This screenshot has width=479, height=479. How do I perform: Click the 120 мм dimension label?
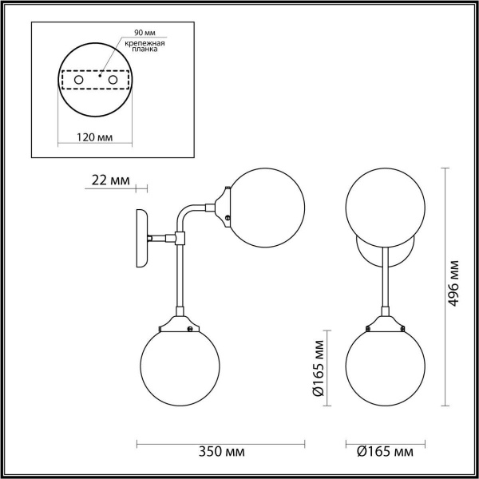coord(94,137)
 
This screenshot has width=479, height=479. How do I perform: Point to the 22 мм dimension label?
coord(110,180)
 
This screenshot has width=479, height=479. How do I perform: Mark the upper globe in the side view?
coord(266,205)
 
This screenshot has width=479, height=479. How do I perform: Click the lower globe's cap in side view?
coord(177,324)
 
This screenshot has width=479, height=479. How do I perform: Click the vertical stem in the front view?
coord(386,279)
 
